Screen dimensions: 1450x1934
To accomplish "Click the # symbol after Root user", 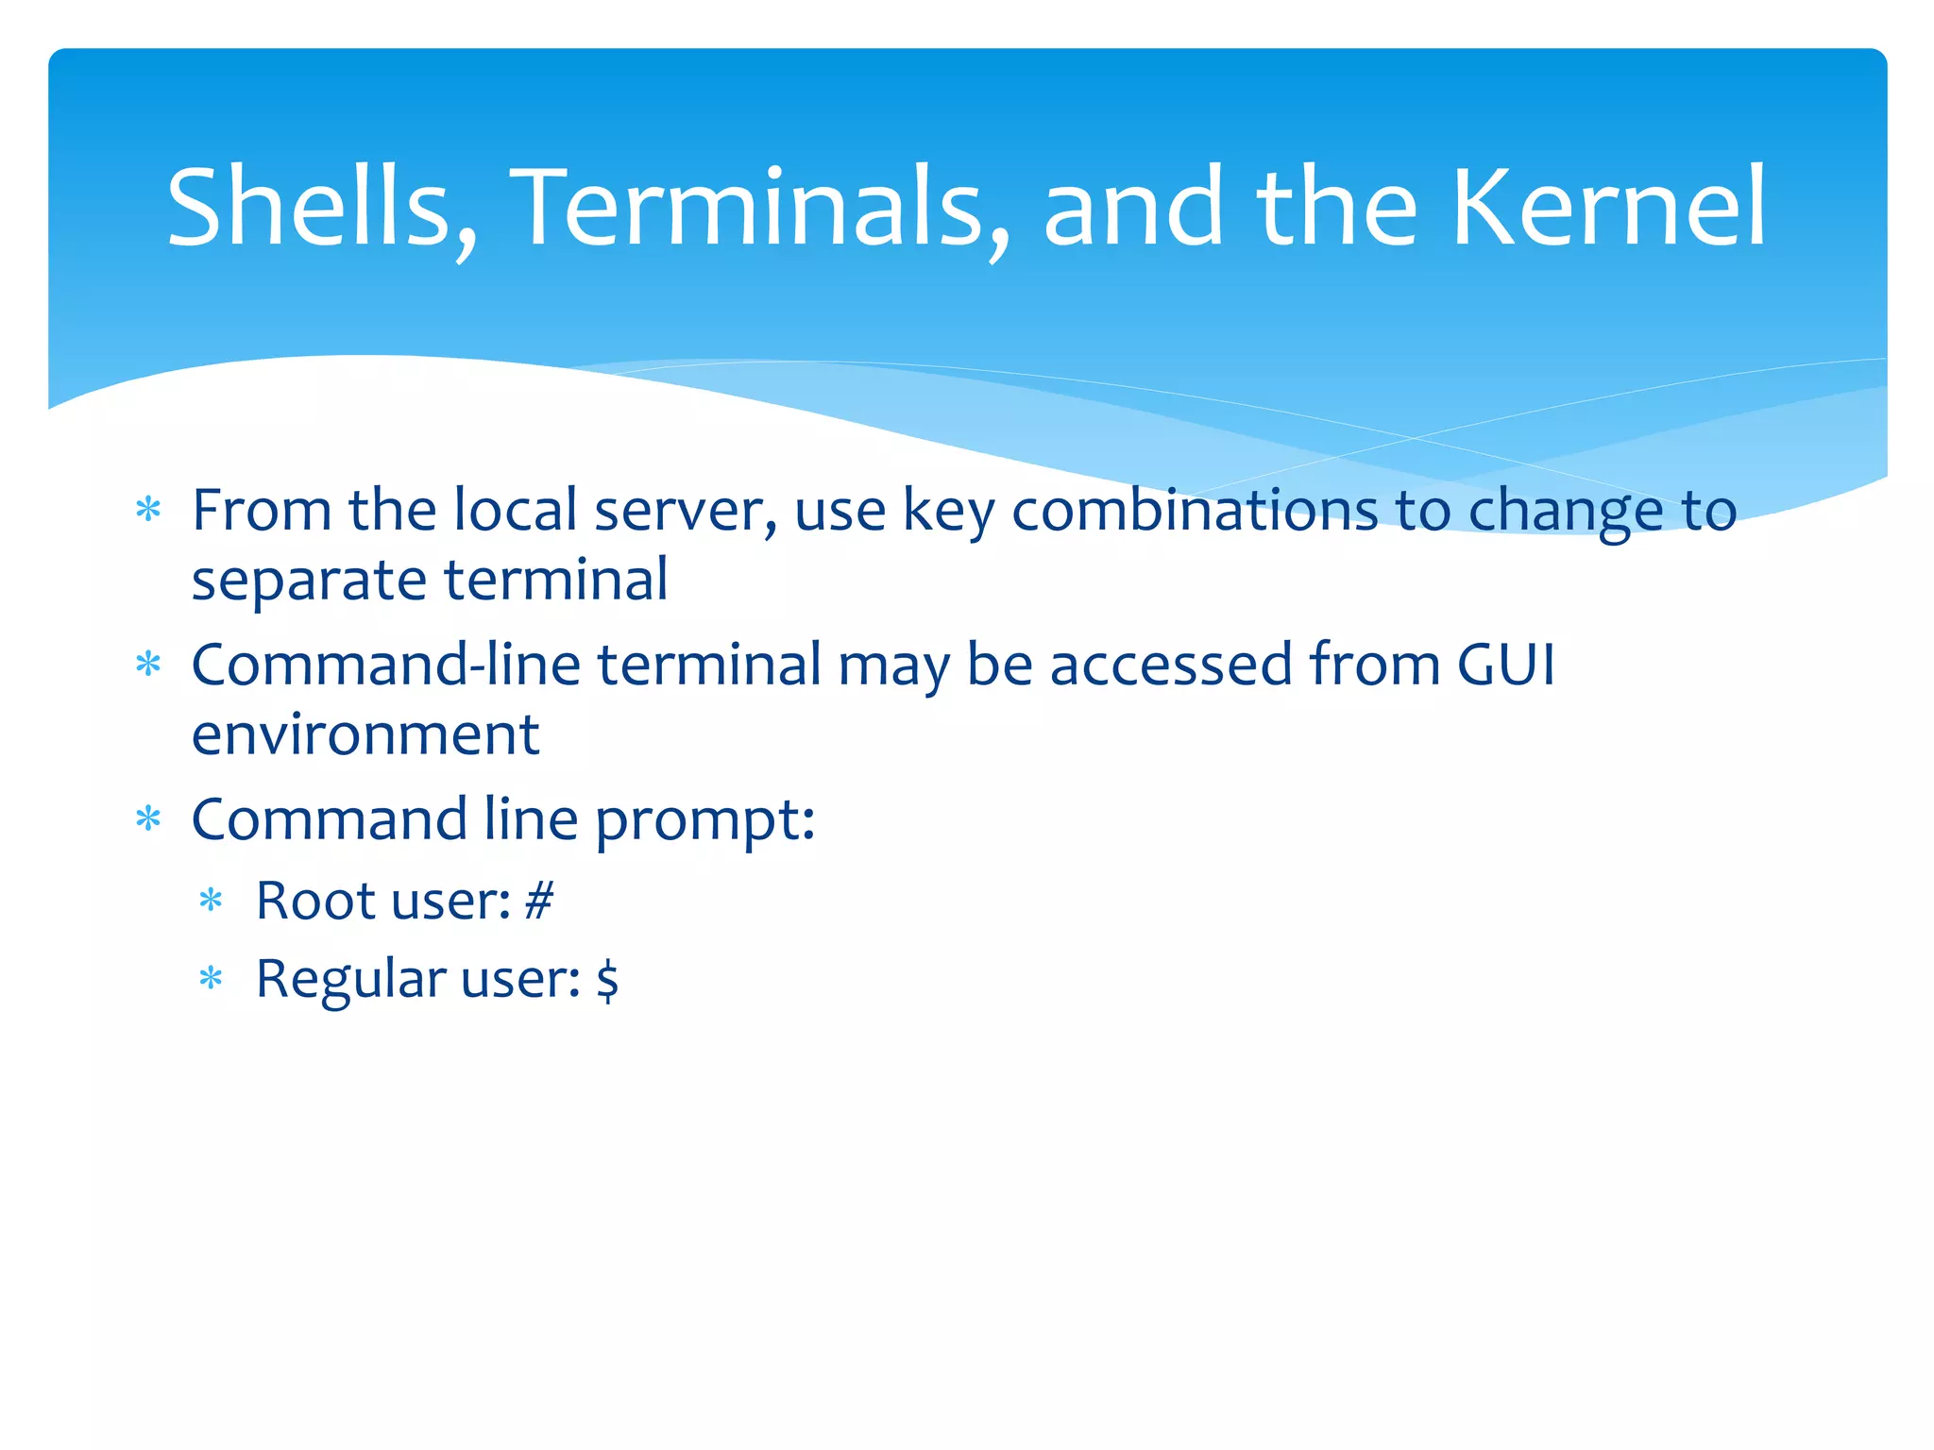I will pos(538,901).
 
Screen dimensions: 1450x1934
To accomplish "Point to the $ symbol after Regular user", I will pos(607,980).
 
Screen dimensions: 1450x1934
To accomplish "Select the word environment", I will pos(365,735).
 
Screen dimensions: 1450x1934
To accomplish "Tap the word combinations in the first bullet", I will pos(1195,511).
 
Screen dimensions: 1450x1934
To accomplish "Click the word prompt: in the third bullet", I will pos(704,820).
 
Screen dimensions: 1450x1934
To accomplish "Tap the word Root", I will pos(316,901).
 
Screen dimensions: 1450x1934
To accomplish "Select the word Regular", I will pos(350,980).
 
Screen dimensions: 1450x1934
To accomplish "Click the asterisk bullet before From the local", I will pos(148,511).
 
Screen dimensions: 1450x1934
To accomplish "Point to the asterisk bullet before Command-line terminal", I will pos(148,665).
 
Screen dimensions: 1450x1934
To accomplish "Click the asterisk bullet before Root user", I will pos(211,901).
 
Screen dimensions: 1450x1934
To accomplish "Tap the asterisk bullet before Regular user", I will pos(211,979).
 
